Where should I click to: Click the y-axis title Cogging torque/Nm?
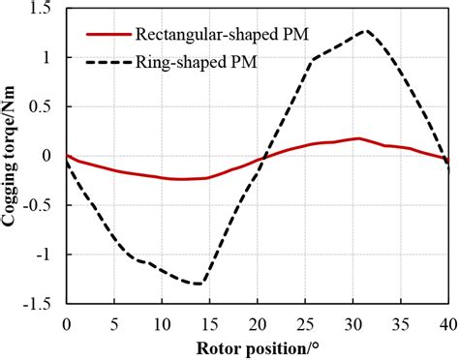14,155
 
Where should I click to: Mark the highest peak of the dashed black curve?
365,30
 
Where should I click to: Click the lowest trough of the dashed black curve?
199,284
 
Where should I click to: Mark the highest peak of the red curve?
359,138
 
